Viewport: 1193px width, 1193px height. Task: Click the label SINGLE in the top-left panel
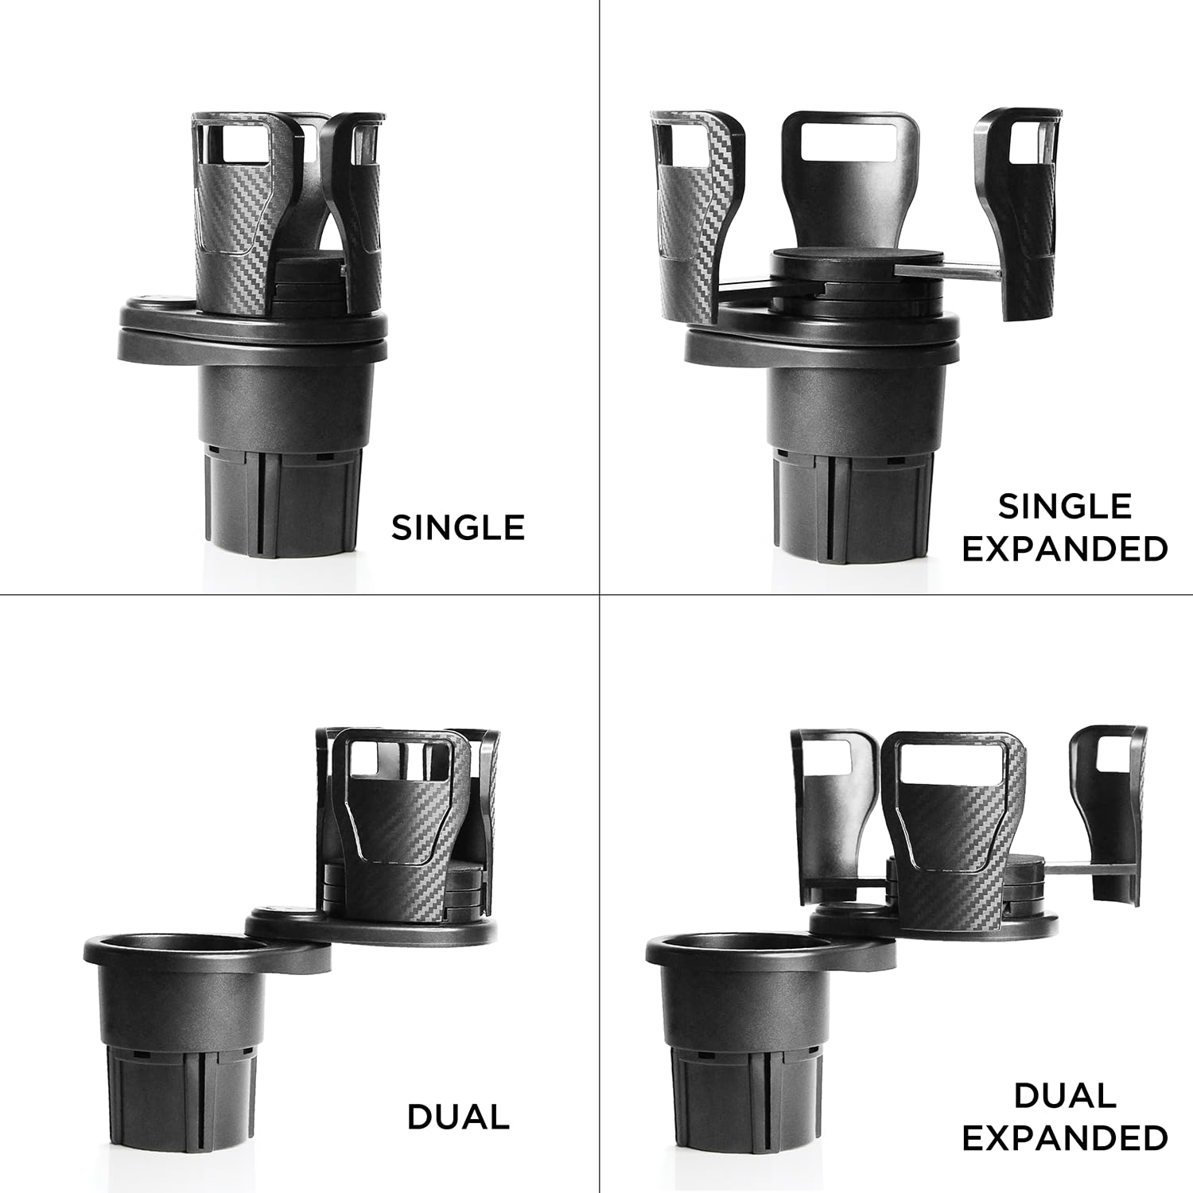point(458,528)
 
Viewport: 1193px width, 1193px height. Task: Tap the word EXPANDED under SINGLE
point(1064,550)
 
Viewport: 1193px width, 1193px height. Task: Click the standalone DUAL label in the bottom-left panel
point(458,1117)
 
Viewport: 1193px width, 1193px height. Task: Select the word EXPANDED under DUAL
point(1064,1138)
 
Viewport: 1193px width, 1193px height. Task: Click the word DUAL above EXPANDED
point(1064,1096)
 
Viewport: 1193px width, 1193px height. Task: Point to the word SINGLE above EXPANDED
point(1064,507)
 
